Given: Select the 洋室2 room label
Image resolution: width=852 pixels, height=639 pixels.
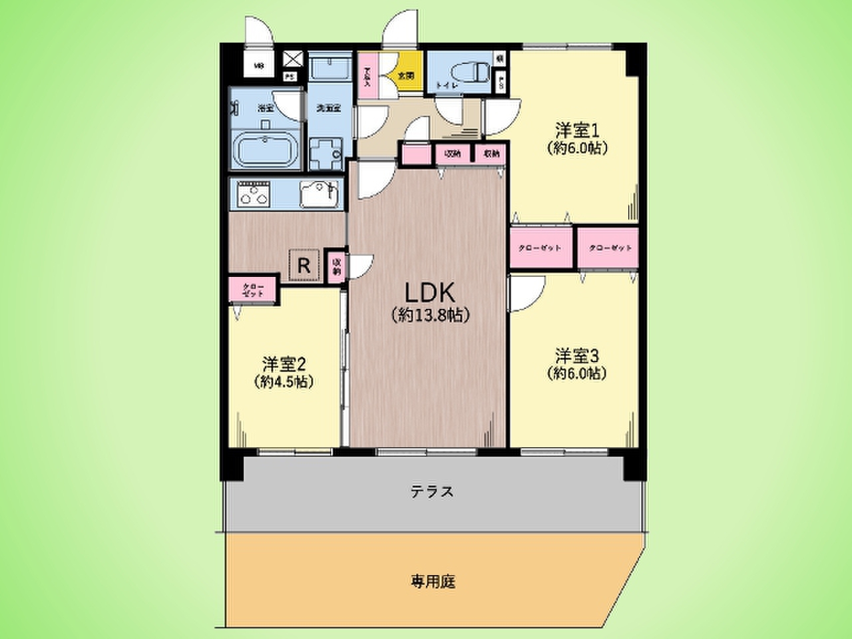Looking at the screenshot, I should point(284,364).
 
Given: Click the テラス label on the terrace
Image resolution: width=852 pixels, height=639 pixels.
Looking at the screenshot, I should point(432,492).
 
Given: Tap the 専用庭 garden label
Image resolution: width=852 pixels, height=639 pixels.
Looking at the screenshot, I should point(433,581).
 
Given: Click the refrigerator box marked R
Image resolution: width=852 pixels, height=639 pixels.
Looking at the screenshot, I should point(304,266).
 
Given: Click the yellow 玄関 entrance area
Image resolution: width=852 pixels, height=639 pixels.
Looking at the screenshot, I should point(406,76).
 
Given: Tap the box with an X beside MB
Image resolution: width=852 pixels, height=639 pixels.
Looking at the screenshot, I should point(294,59).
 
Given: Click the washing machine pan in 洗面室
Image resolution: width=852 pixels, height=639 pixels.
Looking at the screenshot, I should point(325,152).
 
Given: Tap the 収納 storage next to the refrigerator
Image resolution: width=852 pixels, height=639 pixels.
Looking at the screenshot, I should point(337,266).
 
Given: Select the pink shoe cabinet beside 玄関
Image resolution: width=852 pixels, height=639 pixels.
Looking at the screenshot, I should point(367,76).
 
